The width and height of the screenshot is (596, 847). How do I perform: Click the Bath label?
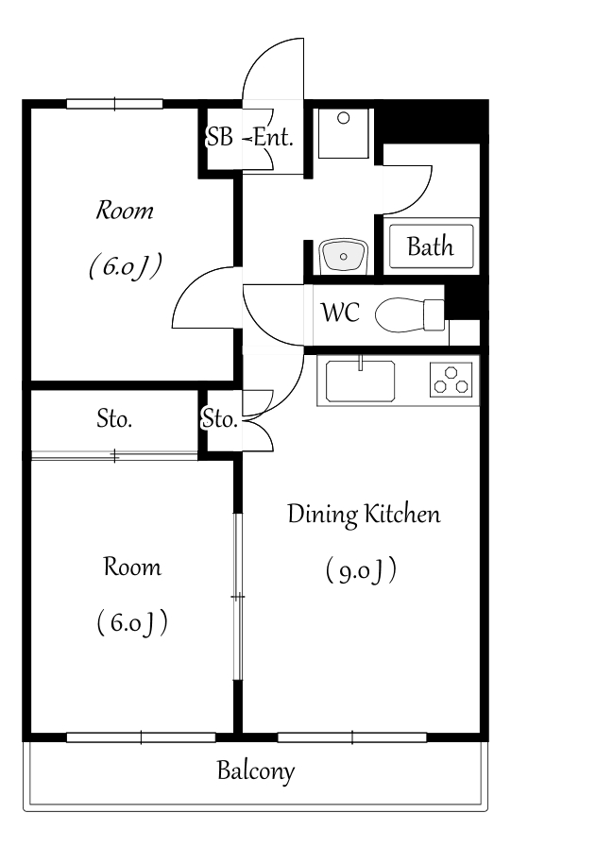pyautogui.click(x=430, y=246)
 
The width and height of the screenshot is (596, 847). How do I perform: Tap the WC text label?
pyautogui.click(x=340, y=313)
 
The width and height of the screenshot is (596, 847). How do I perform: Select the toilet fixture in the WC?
pyautogui.click(x=410, y=315)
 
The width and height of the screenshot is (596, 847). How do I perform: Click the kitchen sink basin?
pyautogui.click(x=360, y=381)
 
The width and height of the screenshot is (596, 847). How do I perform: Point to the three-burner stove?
pyautogui.click(x=451, y=380)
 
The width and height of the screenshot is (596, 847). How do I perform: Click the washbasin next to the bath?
pyautogui.click(x=343, y=256)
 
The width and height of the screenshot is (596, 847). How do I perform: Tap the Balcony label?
pyautogui.click(x=256, y=771)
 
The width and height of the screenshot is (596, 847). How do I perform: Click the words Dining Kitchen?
pyautogui.click(x=364, y=514)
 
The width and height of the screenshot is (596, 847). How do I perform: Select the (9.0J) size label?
pyautogui.click(x=361, y=570)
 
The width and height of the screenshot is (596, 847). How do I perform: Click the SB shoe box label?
pyautogui.click(x=219, y=137)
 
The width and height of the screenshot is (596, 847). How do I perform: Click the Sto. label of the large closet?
pyautogui.click(x=114, y=418)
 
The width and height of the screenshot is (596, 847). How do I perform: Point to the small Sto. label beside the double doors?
pyautogui.click(x=219, y=418)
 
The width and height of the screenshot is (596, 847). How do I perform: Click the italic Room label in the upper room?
pyautogui.click(x=125, y=211)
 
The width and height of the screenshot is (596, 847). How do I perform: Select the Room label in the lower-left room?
pyautogui.click(x=132, y=567)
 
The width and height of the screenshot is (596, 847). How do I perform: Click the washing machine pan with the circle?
pyautogui.click(x=343, y=133)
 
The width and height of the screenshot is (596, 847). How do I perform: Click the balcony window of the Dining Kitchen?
pyautogui.click(x=352, y=737)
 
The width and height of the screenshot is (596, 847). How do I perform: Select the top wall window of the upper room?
pyautogui.click(x=114, y=104)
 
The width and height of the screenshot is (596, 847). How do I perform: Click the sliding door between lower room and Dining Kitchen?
pyautogui.click(x=238, y=597)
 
